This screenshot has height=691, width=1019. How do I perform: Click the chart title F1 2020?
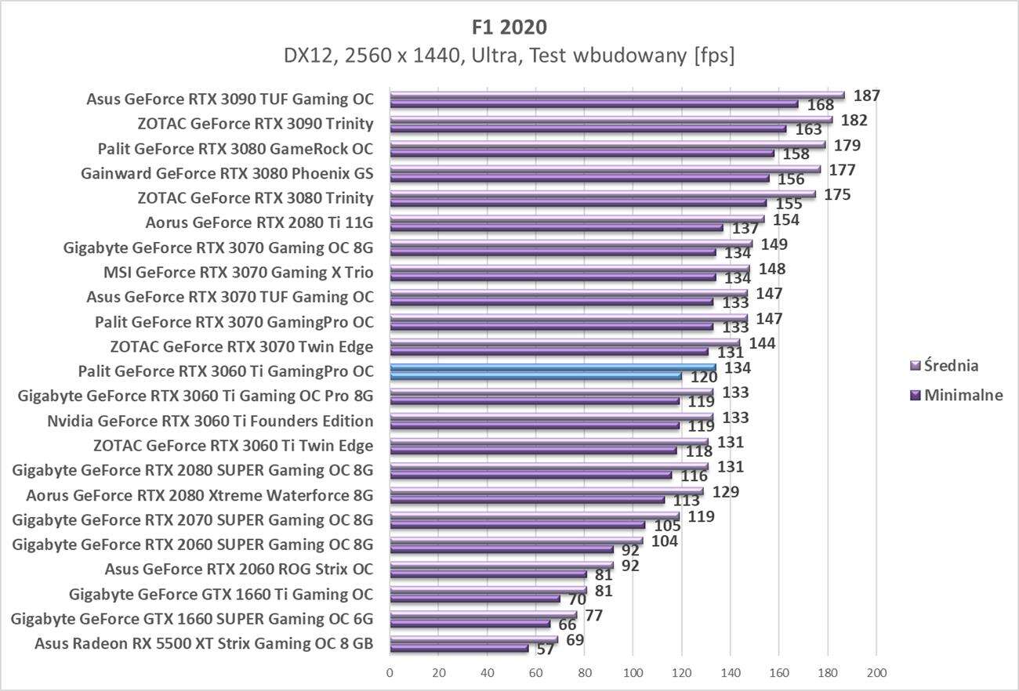pos(509,27)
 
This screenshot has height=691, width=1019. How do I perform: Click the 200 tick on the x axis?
pos(876,672)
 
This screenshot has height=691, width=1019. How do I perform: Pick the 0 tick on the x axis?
pos(390,672)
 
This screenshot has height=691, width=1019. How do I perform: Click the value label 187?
pos(867,96)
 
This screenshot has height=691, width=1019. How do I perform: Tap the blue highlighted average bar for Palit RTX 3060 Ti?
pos(553,367)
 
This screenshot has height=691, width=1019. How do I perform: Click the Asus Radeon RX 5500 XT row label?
pos(204,644)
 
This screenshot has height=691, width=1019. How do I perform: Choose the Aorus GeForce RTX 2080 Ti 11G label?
pos(259,223)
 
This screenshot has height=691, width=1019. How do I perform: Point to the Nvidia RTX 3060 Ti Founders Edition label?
pos(210,421)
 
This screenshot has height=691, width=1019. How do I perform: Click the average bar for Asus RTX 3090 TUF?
pos(617,96)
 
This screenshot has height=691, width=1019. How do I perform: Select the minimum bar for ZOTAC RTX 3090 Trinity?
pos(588,128)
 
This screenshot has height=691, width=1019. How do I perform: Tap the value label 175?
pos(837,194)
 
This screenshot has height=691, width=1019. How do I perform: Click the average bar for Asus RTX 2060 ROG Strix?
pos(502,565)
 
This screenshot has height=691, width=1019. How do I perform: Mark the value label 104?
pos(664,541)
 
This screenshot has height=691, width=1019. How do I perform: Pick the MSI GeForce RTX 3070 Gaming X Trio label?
pos(238,273)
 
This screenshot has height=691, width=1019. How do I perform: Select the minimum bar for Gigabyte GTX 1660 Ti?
pos(474,599)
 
